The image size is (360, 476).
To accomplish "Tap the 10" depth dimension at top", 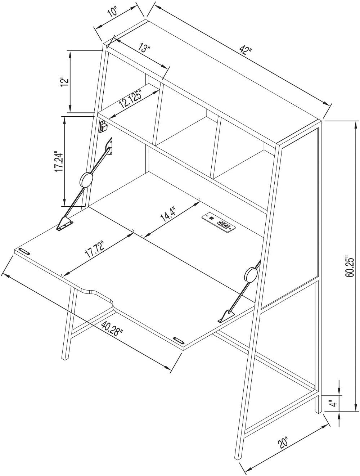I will point(113,12).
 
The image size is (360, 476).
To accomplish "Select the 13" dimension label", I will point(145,48).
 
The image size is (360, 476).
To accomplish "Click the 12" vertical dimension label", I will point(64,81).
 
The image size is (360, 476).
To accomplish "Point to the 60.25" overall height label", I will point(349,266).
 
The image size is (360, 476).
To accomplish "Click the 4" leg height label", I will point(334,403).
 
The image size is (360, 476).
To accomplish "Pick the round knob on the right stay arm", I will point(251,275).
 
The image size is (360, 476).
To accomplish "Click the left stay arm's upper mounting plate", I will point(110,147).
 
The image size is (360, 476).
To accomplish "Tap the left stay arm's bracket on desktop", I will point(64,224).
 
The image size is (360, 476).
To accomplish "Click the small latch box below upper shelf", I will point(104,126).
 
